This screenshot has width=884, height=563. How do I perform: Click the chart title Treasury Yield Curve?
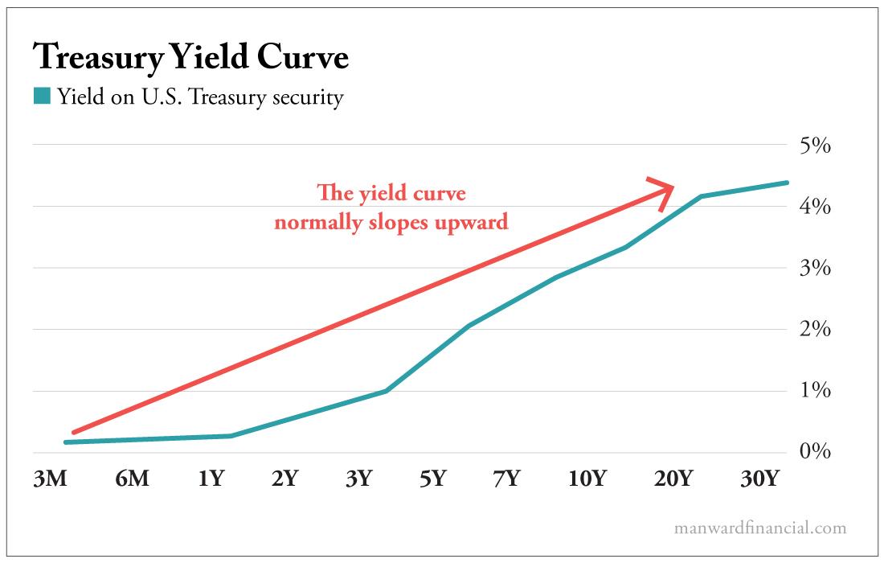click(x=190, y=58)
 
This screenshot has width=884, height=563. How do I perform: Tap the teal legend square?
click(x=42, y=97)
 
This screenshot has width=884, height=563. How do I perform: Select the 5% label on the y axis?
click(x=812, y=146)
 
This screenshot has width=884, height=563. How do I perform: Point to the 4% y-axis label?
click(x=812, y=207)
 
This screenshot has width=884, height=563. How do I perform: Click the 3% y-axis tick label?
click(x=812, y=268)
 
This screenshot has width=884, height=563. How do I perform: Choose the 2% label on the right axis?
click(x=812, y=330)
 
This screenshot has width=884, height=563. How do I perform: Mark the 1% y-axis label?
click(x=812, y=391)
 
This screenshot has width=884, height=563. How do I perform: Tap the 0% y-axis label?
click(x=812, y=452)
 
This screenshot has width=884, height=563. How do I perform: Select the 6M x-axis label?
click(x=132, y=479)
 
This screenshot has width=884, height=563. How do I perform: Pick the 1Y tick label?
click(x=211, y=479)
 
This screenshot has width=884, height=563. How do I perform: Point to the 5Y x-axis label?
click(x=432, y=479)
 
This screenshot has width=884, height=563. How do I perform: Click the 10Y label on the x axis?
click(x=587, y=479)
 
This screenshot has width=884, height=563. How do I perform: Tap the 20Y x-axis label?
click(x=673, y=479)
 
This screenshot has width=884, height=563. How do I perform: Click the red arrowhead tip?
click(x=673, y=187)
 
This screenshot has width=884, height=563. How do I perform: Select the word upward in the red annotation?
click(x=471, y=222)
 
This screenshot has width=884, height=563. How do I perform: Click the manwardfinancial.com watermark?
click(x=760, y=528)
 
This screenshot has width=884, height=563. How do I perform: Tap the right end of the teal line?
click(x=786, y=183)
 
